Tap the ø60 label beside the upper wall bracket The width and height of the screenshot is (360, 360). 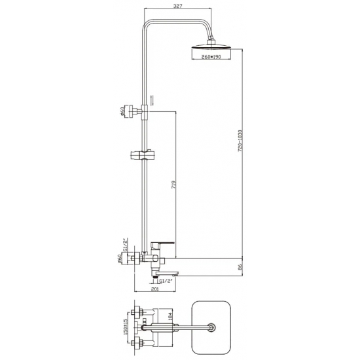click(x=122, y=113)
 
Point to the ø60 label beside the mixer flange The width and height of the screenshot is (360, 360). click(x=122, y=259)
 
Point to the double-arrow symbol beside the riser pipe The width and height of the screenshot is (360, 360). click(x=153, y=100)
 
